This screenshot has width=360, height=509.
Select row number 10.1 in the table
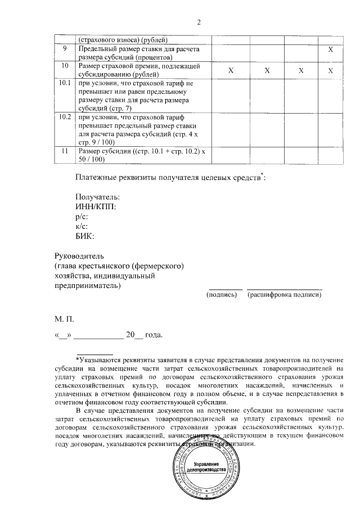point(65,84)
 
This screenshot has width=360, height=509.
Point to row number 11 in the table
point(65,151)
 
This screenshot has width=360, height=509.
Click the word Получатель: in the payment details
point(97,197)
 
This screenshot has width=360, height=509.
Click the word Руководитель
point(79,255)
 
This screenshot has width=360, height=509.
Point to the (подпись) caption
point(222,294)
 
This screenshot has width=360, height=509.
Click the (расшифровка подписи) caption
point(285,294)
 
